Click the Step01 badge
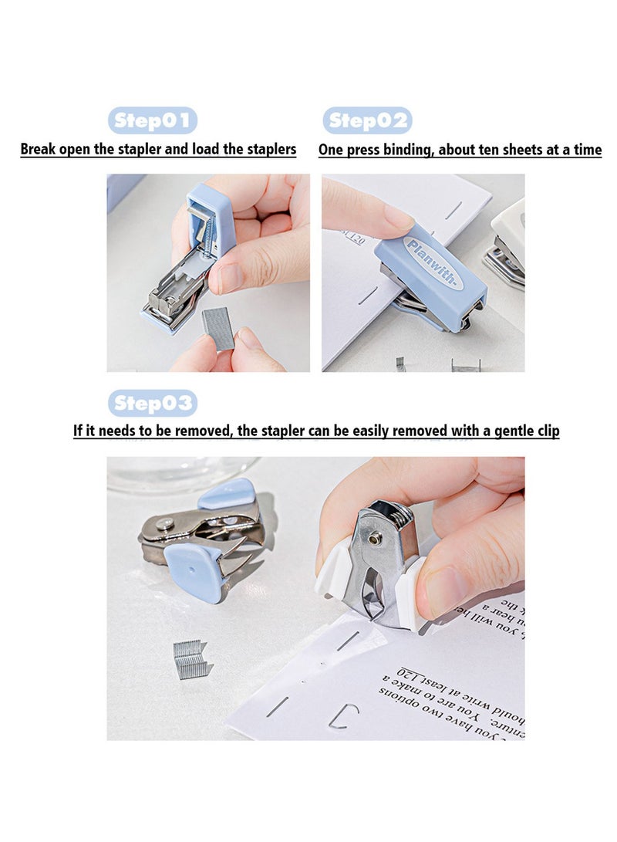pyautogui.click(x=153, y=120)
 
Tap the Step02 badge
pyautogui.click(x=367, y=120)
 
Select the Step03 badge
pyautogui.click(x=153, y=403)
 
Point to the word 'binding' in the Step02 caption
pyautogui.click(x=406, y=150)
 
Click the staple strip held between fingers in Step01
pyautogui.click(x=218, y=327)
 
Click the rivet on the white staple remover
pyautogui.click(x=374, y=539)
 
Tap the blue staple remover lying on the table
pyautogui.click(x=204, y=540)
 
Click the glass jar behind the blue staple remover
pyautogui.click(x=181, y=472)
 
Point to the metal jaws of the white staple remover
pyautogui.click(x=374, y=594)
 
